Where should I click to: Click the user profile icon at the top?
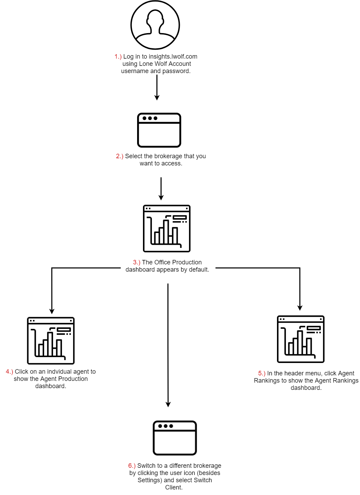[155, 25]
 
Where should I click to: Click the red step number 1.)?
[118, 57]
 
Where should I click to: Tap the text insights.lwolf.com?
[173, 57]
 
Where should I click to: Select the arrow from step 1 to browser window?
[157, 88]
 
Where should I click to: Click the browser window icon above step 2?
[159, 130]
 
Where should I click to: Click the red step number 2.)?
[120, 156]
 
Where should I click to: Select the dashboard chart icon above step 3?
[167, 229]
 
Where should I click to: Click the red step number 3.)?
[136, 262]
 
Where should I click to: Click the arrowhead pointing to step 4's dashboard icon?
[52, 311]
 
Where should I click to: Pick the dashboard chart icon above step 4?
[51, 341]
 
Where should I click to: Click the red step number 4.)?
[9, 372]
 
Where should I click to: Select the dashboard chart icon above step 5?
[301, 339]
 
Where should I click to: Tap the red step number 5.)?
[262, 373]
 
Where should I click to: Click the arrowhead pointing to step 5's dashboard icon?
[300, 308]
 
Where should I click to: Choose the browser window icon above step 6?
[175, 438]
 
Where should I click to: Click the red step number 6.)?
[132, 466]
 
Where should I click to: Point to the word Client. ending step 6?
[174, 487]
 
